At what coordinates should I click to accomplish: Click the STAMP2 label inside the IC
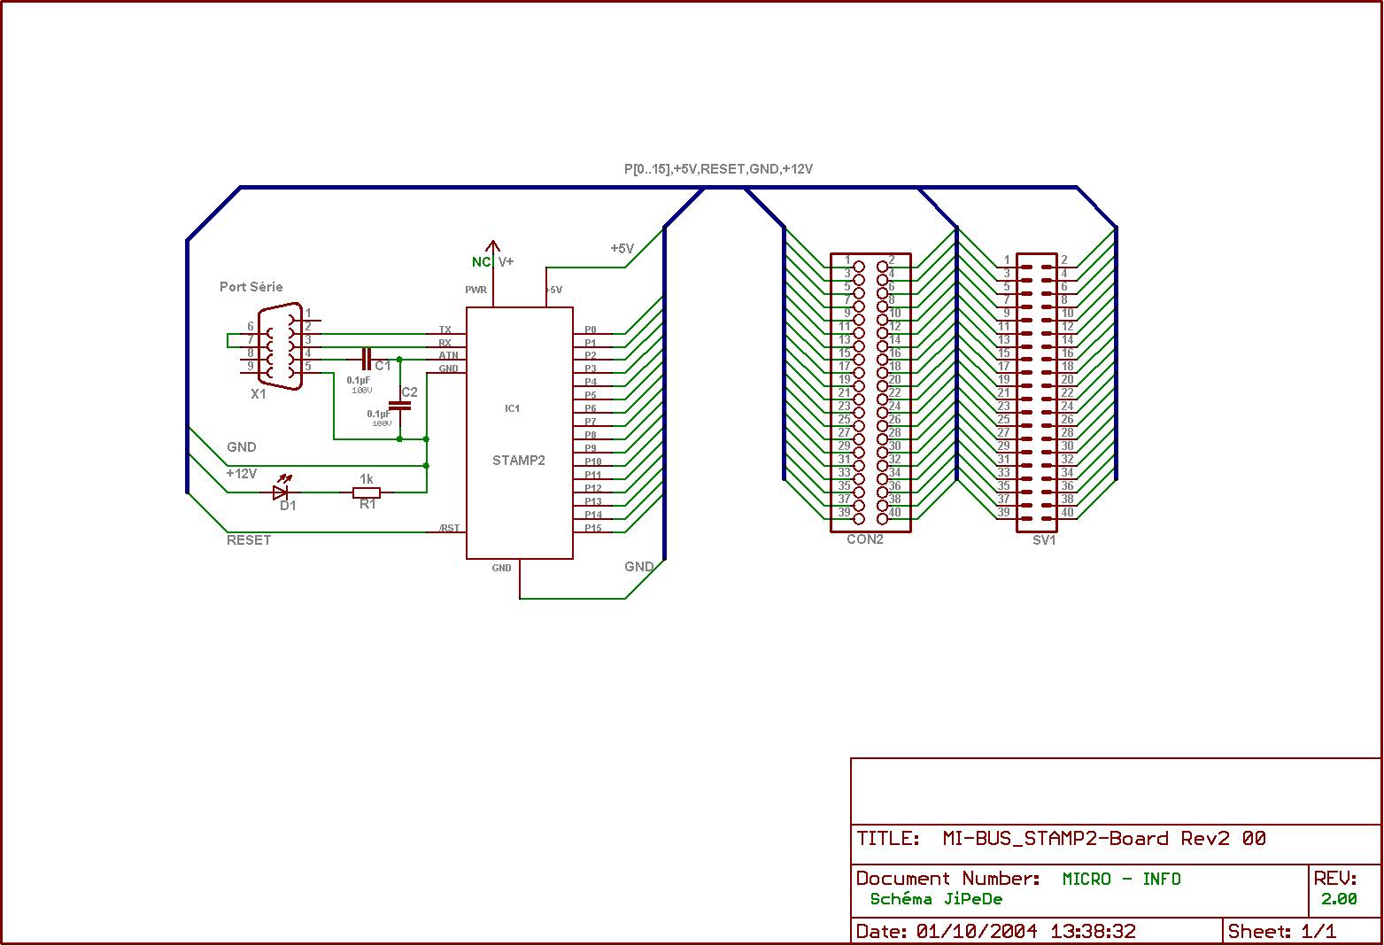pos(519,461)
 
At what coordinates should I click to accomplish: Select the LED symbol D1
pos(282,492)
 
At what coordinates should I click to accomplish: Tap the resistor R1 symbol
pos(367,492)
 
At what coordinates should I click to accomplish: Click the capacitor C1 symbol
pos(367,359)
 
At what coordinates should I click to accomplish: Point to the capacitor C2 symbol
pos(400,406)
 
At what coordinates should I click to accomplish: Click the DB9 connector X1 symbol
pos(280,347)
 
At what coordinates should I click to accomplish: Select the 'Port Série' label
pos(251,287)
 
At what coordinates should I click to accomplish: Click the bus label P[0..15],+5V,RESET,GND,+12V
pos(718,168)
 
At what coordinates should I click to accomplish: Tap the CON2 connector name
pos(865,539)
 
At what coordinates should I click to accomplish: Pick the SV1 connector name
pos(1045,540)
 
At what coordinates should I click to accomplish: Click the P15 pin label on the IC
pos(593,529)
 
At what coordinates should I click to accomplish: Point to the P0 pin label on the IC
pos(591,330)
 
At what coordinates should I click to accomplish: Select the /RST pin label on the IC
pos(450,529)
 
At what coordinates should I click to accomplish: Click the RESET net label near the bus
pos(249,540)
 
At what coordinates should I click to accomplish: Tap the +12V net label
pos(242,474)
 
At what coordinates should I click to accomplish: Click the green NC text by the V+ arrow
pos(481,262)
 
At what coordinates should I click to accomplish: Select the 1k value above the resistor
pos(367,479)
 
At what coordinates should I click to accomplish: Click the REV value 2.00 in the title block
pos(1339,899)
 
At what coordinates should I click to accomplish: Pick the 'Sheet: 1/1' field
pos(1282,932)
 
